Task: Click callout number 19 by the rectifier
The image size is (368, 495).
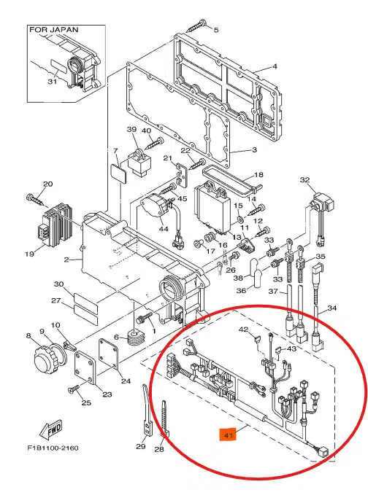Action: click(x=29, y=254)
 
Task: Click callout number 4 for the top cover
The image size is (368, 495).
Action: click(x=275, y=67)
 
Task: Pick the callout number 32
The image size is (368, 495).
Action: click(x=304, y=179)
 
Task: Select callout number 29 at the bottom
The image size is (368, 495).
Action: click(x=140, y=446)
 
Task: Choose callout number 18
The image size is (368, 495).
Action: click(x=257, y=175)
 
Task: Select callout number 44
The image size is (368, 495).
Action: click(x=163, y=229)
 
